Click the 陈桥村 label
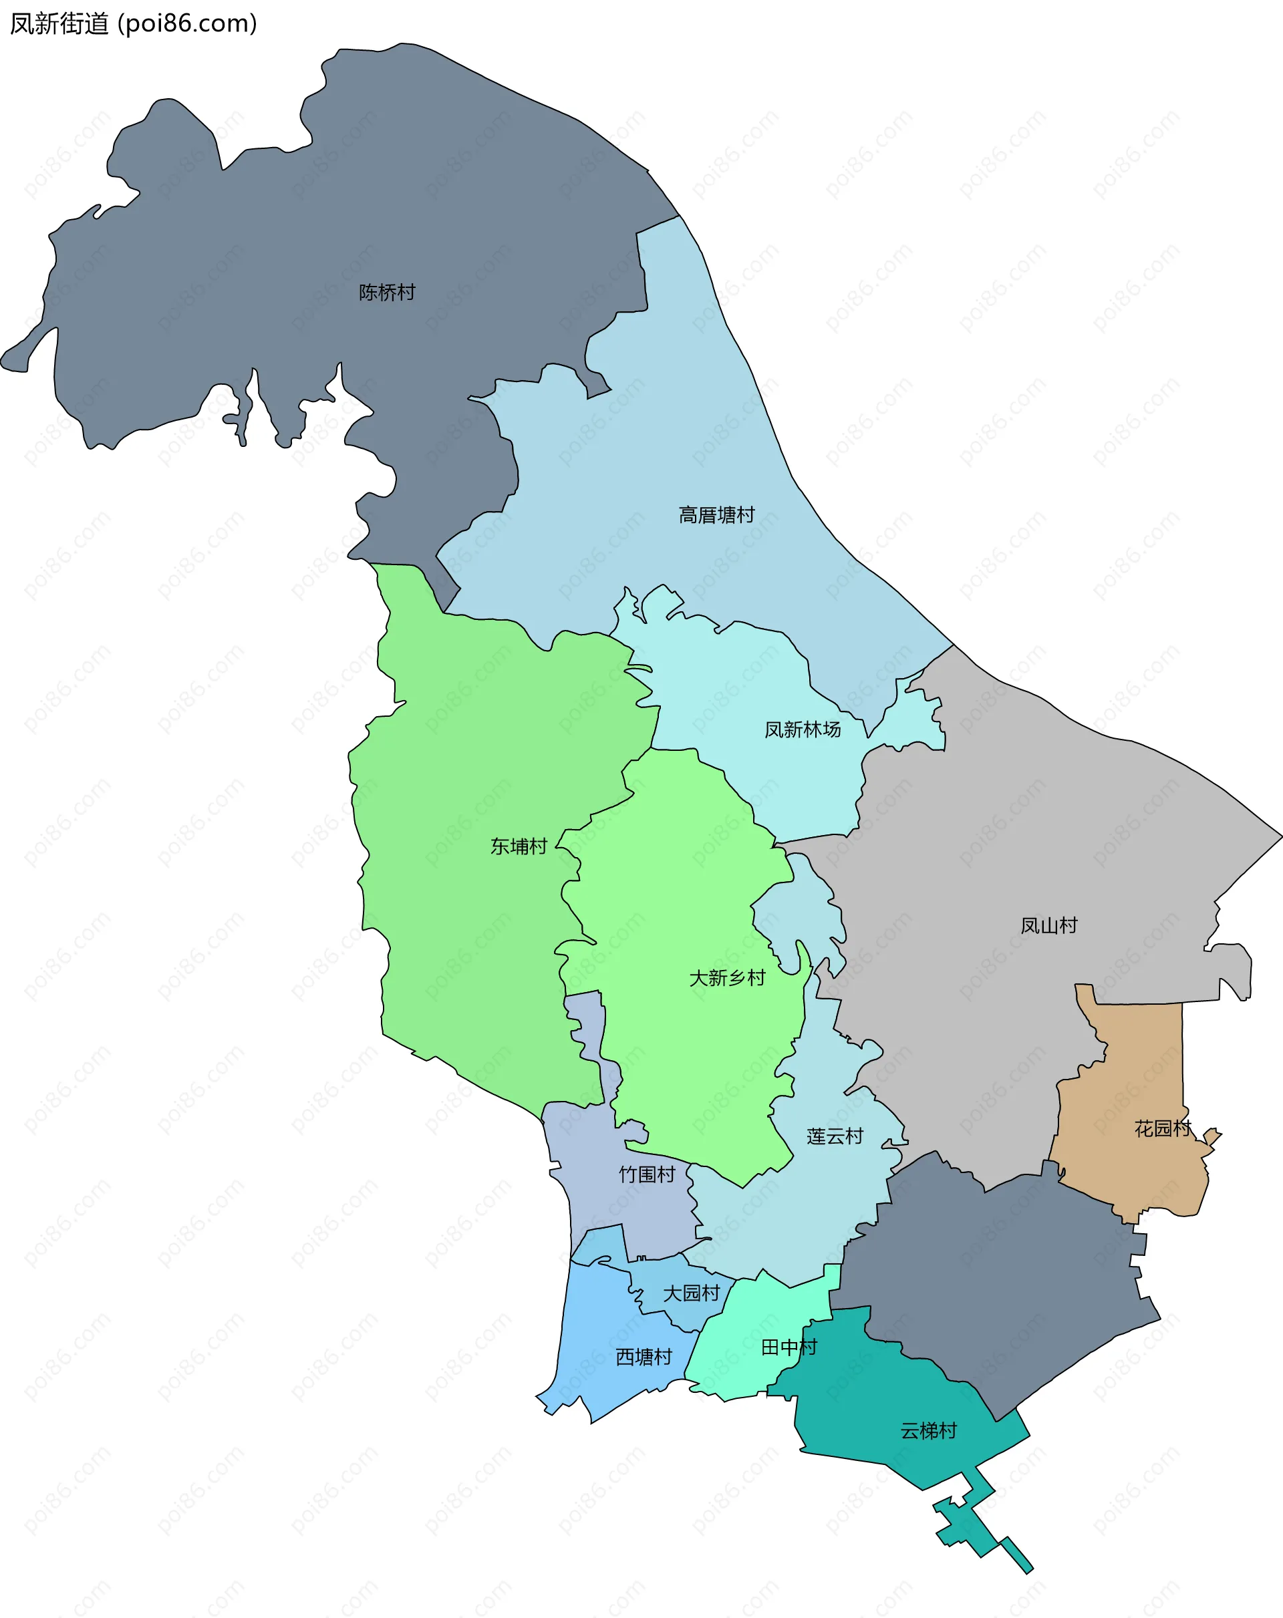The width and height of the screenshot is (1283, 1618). [387, 292]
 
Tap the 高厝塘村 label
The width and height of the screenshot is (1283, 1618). [716, 515]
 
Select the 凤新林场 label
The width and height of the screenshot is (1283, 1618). [802, 730]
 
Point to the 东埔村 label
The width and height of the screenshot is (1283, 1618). [518, 846]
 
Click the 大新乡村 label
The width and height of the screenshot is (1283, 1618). [727, 978]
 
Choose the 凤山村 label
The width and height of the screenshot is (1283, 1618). [1048, 925]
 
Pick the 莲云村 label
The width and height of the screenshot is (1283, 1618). [835, 1136]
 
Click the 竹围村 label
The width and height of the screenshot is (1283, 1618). [646, 1174]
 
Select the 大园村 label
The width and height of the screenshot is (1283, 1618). [691, 1293]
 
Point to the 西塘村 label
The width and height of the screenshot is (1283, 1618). [644, 1357]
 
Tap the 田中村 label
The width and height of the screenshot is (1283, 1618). [789, 1347]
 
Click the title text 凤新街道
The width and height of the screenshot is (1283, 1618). [59, 24]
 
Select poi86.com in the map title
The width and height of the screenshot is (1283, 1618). [188, 24]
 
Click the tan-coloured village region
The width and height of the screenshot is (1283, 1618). [1126, 1088]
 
